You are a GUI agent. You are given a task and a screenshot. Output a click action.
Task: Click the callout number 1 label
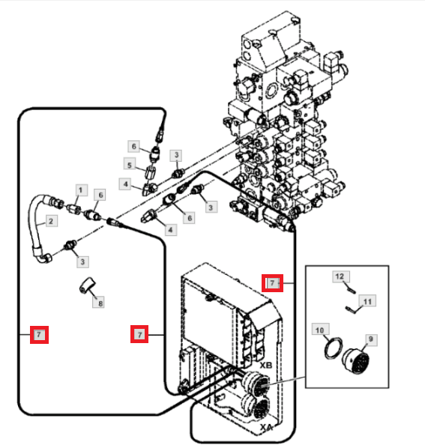click(81, 190)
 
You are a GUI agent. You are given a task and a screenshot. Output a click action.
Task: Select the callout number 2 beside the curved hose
click(51, 221)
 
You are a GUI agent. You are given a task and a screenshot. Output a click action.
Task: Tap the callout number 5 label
click(130, 165)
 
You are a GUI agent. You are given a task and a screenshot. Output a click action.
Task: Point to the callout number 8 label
click(99, 303)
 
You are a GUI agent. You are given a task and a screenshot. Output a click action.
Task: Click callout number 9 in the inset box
click(370, 339)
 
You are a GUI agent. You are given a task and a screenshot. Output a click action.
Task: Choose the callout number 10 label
click(320, 330)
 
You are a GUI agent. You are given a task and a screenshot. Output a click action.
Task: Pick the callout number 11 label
click(367, 301)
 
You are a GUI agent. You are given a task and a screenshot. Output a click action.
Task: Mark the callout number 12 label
click(341, 276)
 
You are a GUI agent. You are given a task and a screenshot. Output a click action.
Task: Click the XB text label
click(266, 366)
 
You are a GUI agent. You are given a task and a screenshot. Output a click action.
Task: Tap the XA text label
click(266, 427)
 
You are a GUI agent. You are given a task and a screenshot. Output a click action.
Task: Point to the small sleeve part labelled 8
click(87, 285)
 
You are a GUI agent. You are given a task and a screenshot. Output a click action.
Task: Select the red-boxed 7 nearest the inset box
click(272, 283)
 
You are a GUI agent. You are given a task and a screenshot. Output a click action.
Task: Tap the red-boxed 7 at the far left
click(39, 335)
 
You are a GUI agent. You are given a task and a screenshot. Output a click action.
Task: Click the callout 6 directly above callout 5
click(134, 146)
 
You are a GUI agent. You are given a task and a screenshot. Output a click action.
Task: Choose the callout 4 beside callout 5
click(125, 184)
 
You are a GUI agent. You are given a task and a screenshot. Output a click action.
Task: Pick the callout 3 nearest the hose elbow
click(82, 261)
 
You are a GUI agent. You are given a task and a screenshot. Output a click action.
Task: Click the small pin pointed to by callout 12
click(352, 291)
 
